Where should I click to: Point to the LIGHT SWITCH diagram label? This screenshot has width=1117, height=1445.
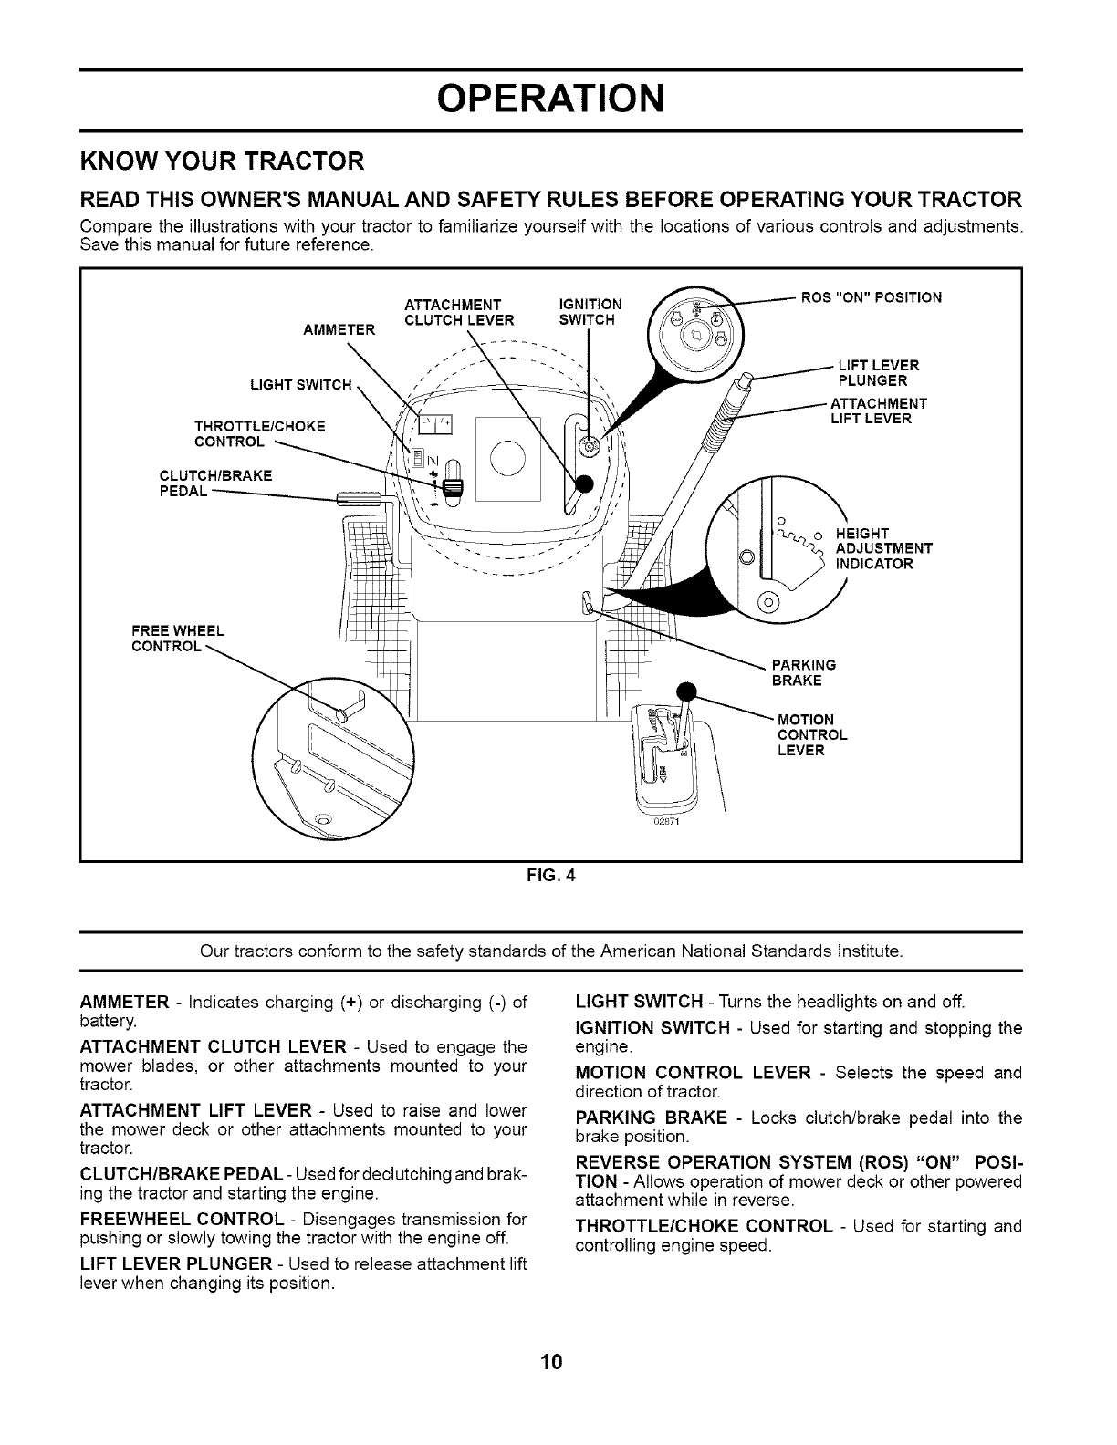(x=300, y=384)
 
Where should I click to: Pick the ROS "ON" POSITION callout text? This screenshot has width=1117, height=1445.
(x=871, y=296)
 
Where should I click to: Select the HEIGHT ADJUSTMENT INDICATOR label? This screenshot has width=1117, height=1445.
(x=883, y=548)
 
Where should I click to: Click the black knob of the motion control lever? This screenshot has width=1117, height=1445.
(x=685, y=691)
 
